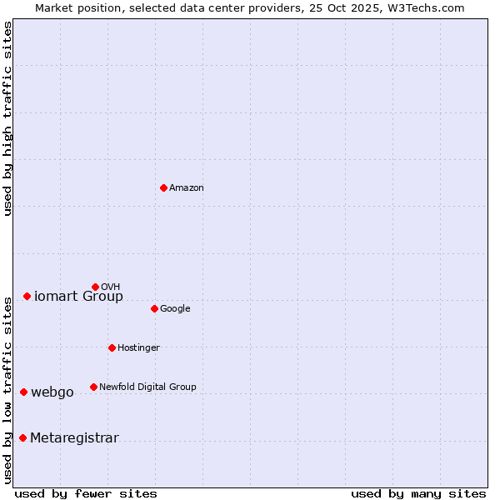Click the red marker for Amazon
click(163, 187)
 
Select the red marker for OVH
click(95, 287)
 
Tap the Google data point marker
click(154, 308)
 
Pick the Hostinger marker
click(112, 347)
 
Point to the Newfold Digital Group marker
click(93, 387)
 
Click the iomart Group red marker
click(27, 296)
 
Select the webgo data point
click(23, 392)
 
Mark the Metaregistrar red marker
click(22, 438)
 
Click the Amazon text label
click(187, 188)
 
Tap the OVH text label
click(111, 287)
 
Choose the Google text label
click(175, 309)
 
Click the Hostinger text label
click(138, 348)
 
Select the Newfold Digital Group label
click(147, 387)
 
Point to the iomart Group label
click(78, 297)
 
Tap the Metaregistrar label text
click(74, 438)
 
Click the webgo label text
click(52, 392)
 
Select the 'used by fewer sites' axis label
click(86, 493)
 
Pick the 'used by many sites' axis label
click(418, 493)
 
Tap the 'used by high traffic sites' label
click(8, 118)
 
